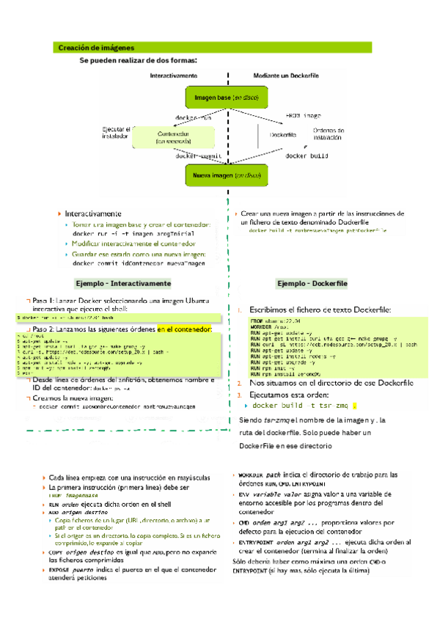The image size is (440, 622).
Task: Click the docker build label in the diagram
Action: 305,156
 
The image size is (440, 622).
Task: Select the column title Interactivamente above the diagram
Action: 173,76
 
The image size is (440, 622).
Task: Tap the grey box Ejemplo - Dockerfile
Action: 312,283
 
